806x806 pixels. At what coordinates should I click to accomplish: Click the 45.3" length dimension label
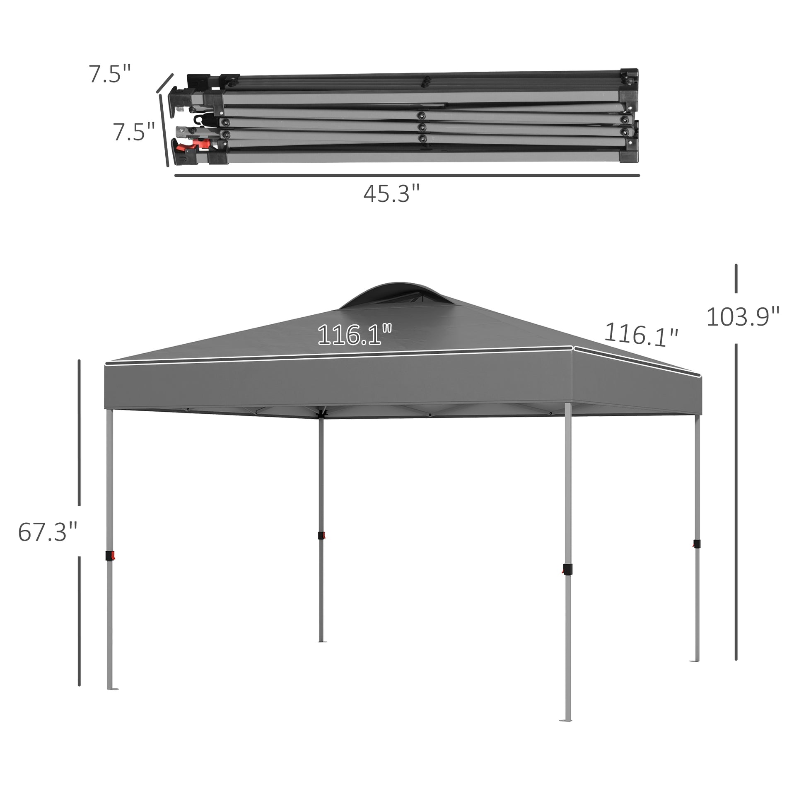point(391,194)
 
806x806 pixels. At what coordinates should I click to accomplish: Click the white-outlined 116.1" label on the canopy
point(354,335)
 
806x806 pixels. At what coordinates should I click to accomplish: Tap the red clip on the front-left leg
point(110,556)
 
